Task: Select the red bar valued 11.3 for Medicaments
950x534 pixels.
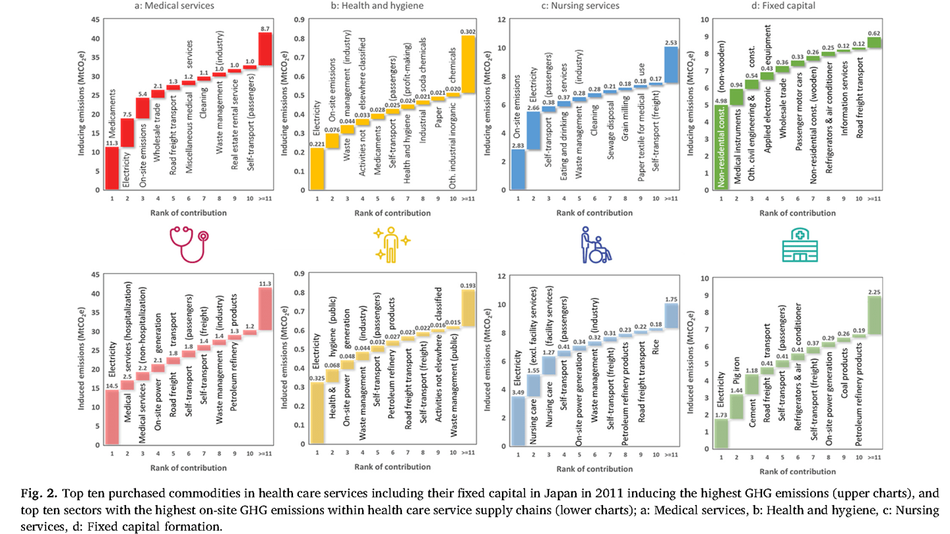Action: [x=112, y=168]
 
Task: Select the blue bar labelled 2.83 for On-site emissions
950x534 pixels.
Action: [x=519, y=169]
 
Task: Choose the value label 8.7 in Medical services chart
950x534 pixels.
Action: [x=266, y=27]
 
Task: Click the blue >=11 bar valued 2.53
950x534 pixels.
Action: [x=671, y=65]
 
